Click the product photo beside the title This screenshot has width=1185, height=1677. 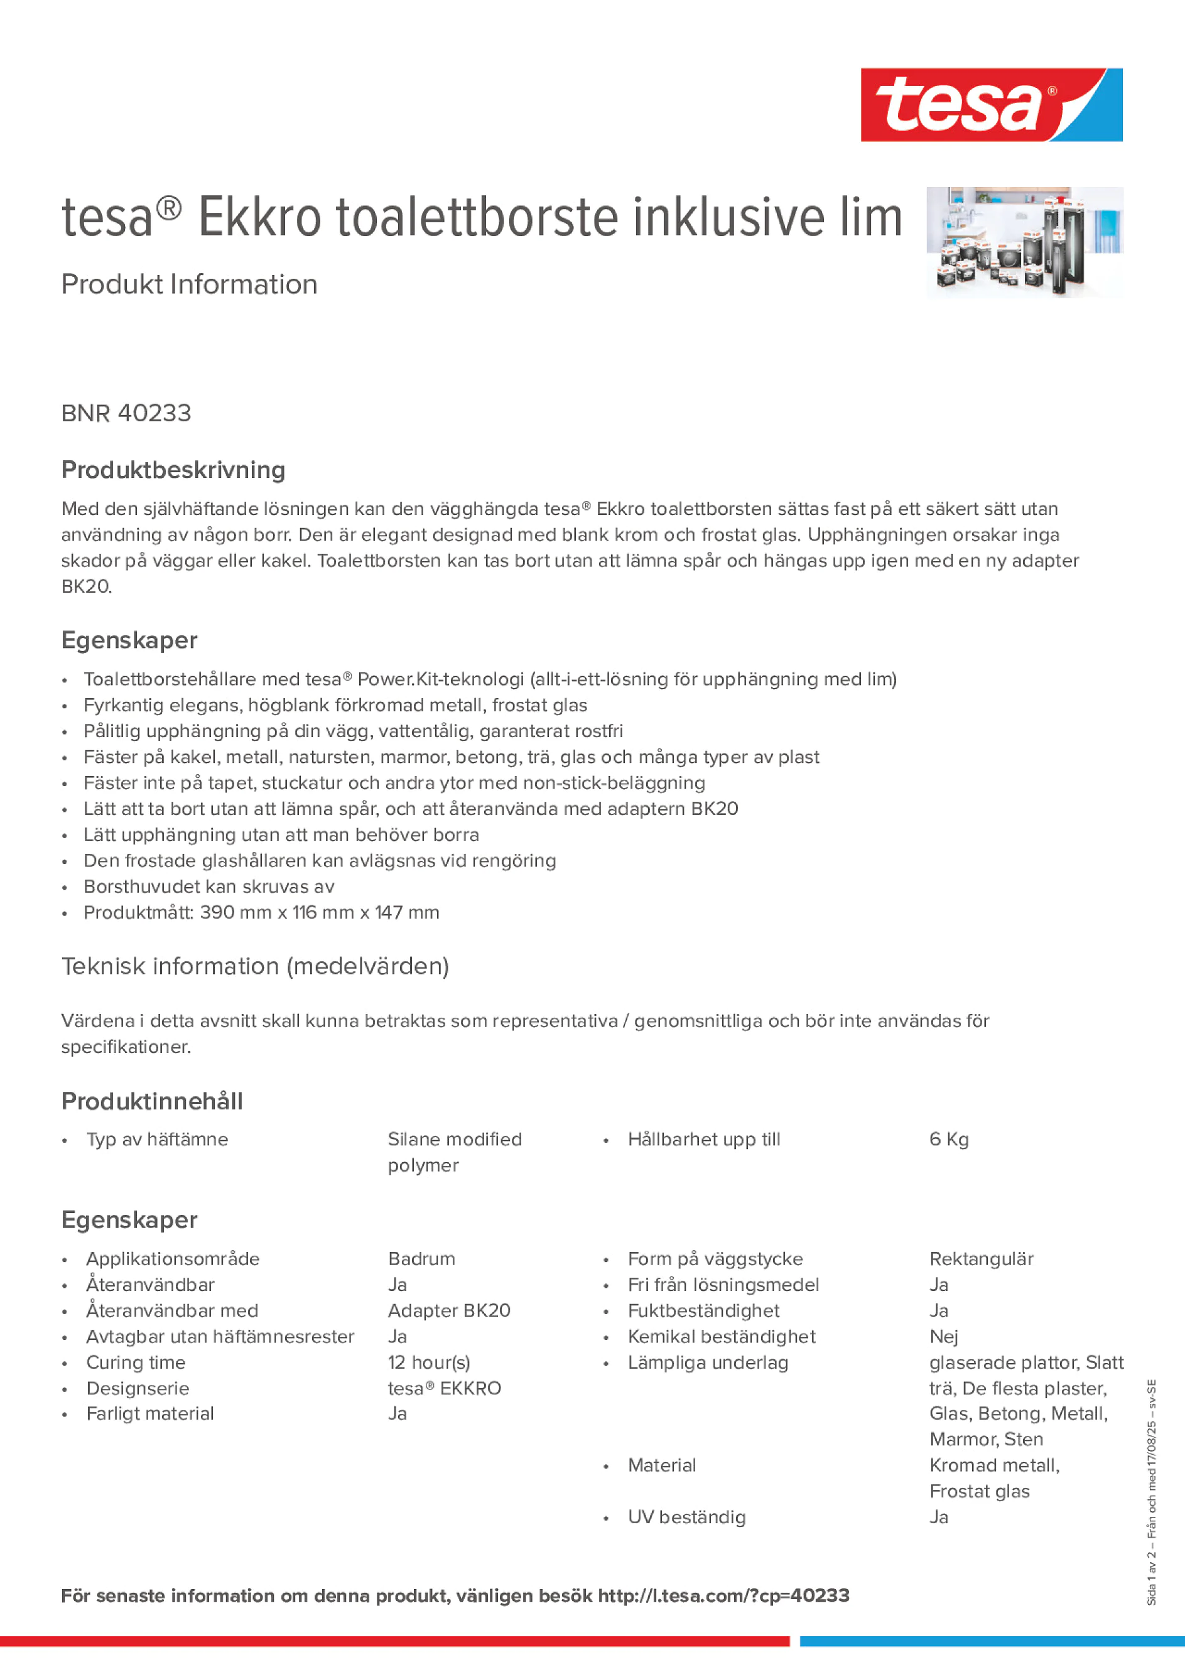click(x=1024, y=242)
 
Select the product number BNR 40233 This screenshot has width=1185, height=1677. click(x=126, y=413)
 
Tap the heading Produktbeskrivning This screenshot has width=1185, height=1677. click(x=173, y=470)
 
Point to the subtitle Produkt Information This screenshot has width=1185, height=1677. click(x=189, y=284)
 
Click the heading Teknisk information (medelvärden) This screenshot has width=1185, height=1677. click(x=255, y=966)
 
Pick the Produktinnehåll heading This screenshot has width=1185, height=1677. click(x=152, y=1101)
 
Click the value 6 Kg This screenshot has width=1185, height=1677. click(x=948, y=1139)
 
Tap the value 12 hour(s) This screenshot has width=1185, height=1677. click(x=429, y=1362)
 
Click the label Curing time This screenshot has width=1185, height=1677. click(x=136, y=1362)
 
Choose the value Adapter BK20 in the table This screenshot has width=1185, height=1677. click(x=448, y=1310)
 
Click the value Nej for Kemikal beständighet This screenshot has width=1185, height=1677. click(x=943, y=1337)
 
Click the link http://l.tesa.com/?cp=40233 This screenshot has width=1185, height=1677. click(x=723, y=1596)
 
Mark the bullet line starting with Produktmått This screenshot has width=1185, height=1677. click(x=261, y=912)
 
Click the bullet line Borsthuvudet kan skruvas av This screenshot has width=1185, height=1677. click(x=209, y=887)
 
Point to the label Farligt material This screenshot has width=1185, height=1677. click(x=149, y=1413)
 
